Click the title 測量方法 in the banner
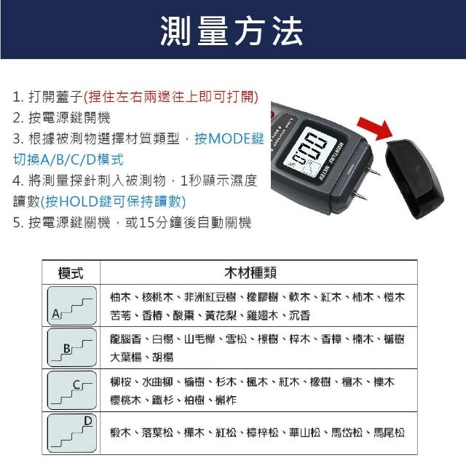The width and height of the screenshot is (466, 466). click(232, 31)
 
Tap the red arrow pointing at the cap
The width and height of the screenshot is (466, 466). click(376, 128)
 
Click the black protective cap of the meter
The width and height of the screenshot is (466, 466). click(414, 179)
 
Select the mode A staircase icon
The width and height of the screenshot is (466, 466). click(72, 306)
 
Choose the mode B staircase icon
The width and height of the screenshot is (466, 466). click(72, 347)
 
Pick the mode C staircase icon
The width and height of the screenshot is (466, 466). click(72, 390)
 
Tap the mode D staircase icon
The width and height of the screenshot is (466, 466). click(72, 433)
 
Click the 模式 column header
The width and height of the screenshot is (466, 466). click(71, 273)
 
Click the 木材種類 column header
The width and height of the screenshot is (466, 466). click(250, 273)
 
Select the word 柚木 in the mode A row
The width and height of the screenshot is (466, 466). click(120, 297)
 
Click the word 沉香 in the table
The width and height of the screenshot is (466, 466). click(299, 315)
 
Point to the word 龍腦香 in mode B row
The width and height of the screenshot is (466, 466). click(125, 339)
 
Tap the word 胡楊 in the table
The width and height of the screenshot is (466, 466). click(162, 357)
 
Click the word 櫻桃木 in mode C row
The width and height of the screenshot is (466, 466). click(125, 400)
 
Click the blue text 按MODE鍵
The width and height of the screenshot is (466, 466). click(229, 138)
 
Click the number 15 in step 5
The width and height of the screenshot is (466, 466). click(146, 223)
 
